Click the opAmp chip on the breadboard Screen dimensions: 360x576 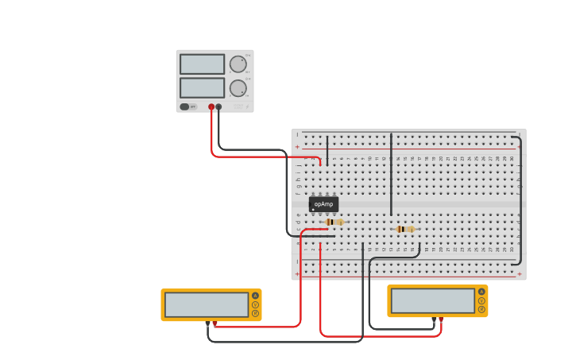(323, 204)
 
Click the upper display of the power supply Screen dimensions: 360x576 (202, 64)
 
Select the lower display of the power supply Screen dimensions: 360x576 (202, 87)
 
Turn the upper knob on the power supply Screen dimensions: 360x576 (238, 64)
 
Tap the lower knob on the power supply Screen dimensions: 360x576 (238, 88)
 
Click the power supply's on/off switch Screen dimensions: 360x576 (184, 106)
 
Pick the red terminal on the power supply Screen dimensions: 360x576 (211, 106)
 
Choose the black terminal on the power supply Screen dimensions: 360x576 (218, 106)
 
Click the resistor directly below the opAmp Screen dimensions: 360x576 (335, 222)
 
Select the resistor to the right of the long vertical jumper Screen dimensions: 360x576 (404, 229)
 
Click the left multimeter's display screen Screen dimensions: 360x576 (207, 304)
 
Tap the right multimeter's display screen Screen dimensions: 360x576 (433, 300)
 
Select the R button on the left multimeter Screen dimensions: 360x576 (256, 313)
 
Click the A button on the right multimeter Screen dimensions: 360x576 (481, 292)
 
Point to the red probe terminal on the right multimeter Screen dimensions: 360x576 (441, 319)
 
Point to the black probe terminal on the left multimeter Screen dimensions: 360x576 (208, 323)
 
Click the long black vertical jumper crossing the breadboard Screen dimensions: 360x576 (391, 175)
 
